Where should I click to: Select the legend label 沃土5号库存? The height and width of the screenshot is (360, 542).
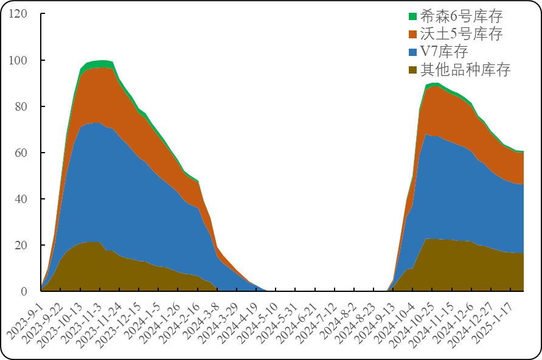pyautogui.click(x=461, y=34)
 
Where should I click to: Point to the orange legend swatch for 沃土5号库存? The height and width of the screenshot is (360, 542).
pyautogui.click(x=412, y=35)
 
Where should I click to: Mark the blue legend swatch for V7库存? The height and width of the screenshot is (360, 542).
pyautogui.click(x=412, y=52)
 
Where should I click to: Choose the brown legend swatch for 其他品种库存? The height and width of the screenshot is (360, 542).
pyautogui.click(x=412, y=70)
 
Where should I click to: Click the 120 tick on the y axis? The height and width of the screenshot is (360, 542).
pyautogui.click(x=18, y=13)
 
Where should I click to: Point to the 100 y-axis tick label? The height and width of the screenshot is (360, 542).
pyautogui.click(x=18, y=60)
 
